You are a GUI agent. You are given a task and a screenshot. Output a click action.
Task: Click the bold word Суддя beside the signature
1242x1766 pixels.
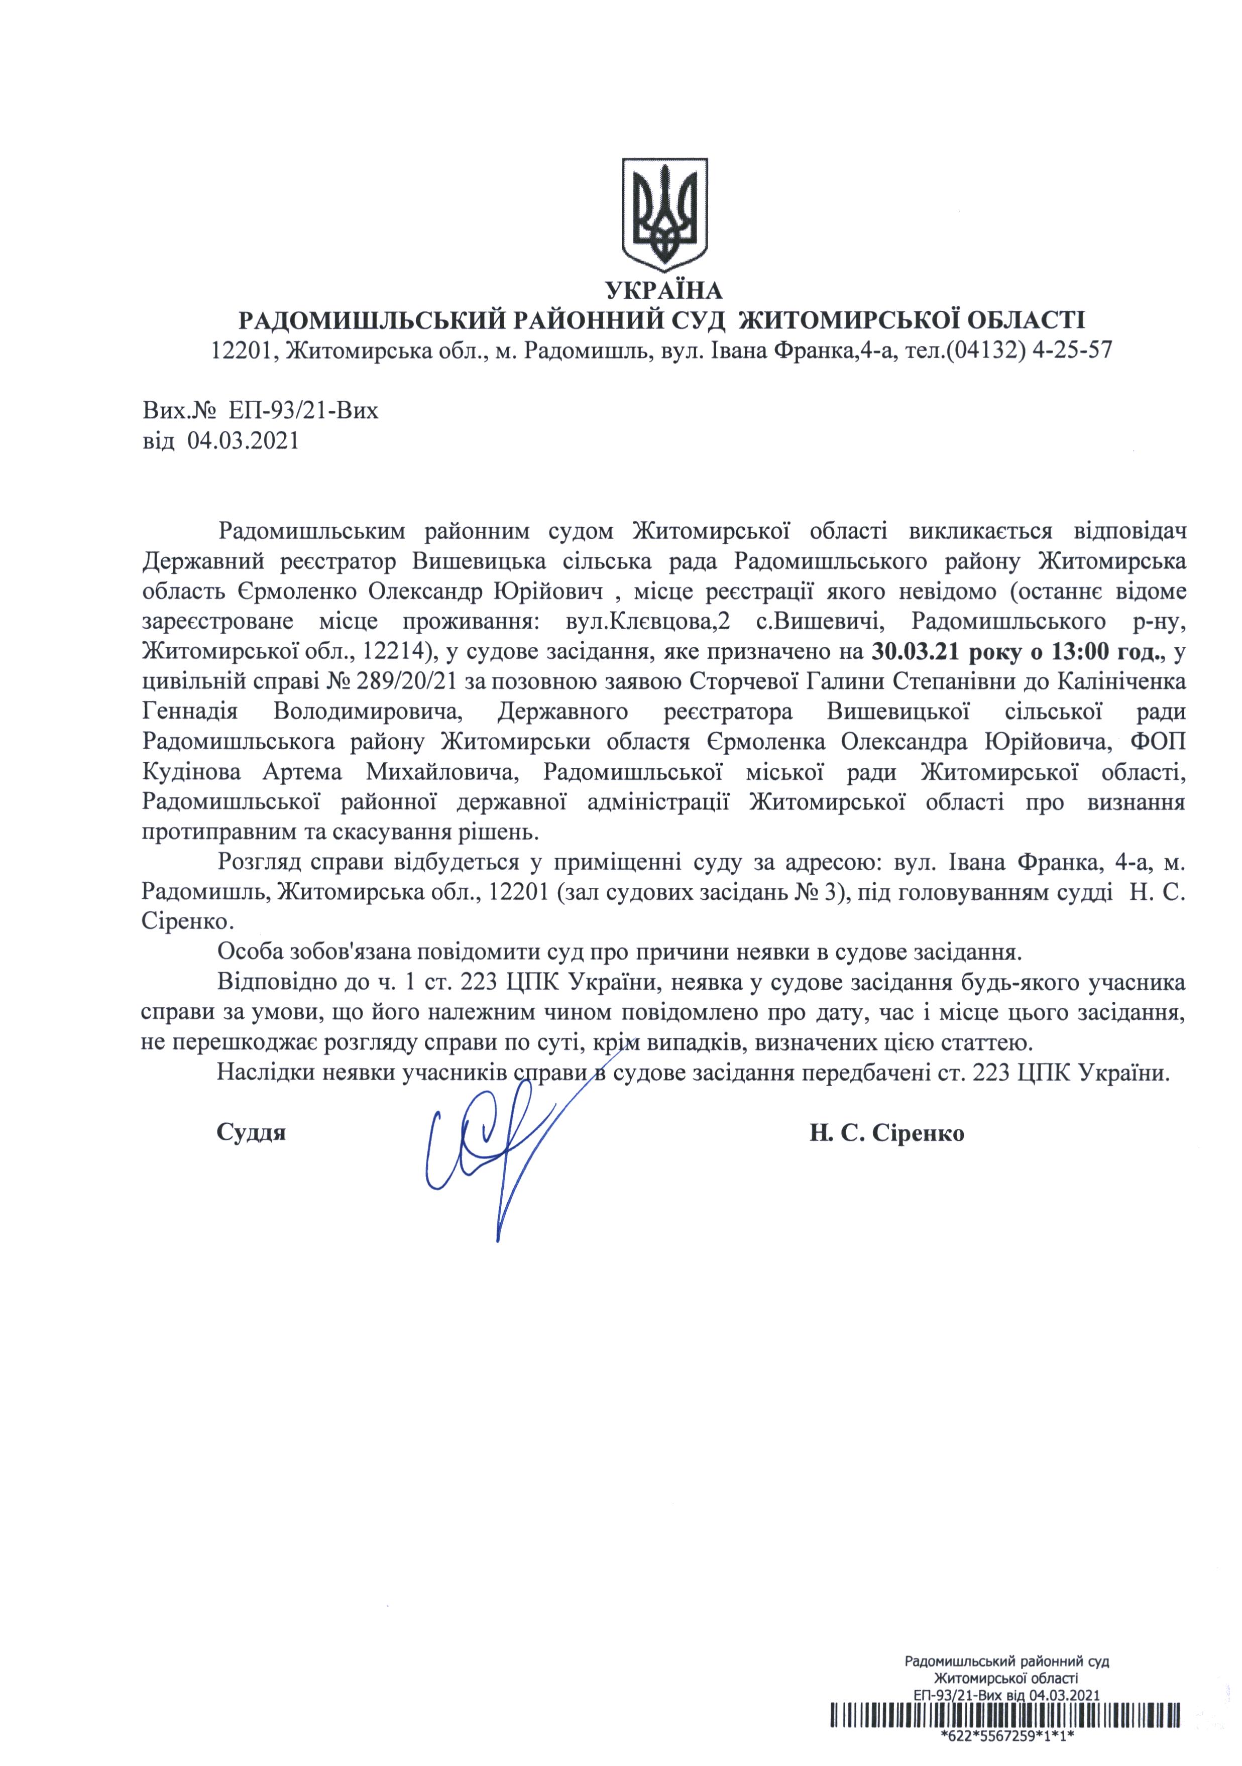[x=251, y=1133]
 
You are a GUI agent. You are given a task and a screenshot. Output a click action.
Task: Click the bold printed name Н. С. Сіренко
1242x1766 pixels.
[x=886, y=1133]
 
